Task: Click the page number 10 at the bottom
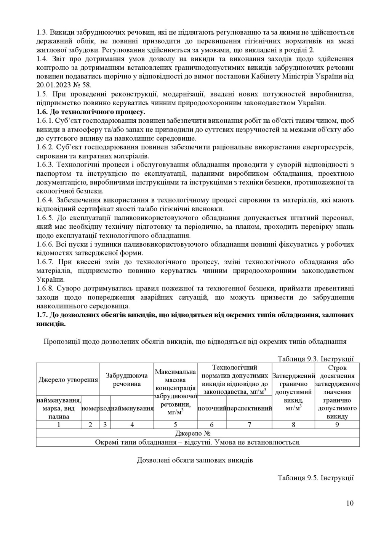coord(350,503)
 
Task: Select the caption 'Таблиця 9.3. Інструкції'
coord(316,359)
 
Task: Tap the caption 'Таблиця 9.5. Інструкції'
coord(316,478)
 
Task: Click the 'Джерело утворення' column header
coord(68,380)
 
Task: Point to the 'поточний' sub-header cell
coord(212,408)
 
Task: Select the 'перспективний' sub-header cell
coord(249,408)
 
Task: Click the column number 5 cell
coord(175,425)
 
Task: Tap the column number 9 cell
coord(337,425)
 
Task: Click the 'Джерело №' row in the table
coord(198,433)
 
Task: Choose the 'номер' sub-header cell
coord(91,408)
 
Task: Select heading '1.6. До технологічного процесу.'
coord(91,112)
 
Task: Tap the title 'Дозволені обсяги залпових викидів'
coord(195,460)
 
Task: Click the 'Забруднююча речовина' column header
coord(126,380)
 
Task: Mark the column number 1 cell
coord(59,425)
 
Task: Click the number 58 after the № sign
coord(87,85)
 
